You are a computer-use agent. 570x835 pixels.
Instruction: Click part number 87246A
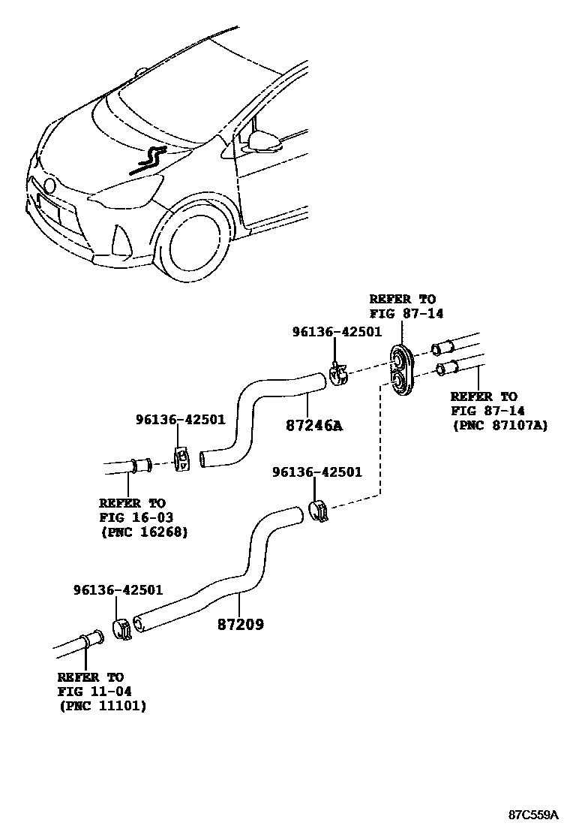pos(313,426)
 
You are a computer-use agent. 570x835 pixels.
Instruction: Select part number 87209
pos(241,624)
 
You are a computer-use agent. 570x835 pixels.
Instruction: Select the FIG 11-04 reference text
pos(91,692)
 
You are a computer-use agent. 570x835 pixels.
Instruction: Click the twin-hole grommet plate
pos(403,369)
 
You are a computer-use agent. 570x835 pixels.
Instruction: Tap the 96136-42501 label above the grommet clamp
pos(337,331)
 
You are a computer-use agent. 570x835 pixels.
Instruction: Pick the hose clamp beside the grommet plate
pos(338,375)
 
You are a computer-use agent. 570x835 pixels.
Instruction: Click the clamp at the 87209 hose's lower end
pos(122,628)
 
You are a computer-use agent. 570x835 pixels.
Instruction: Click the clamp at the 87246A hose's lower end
pos(181,459)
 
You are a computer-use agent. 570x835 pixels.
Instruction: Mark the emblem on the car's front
pos(49,185)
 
